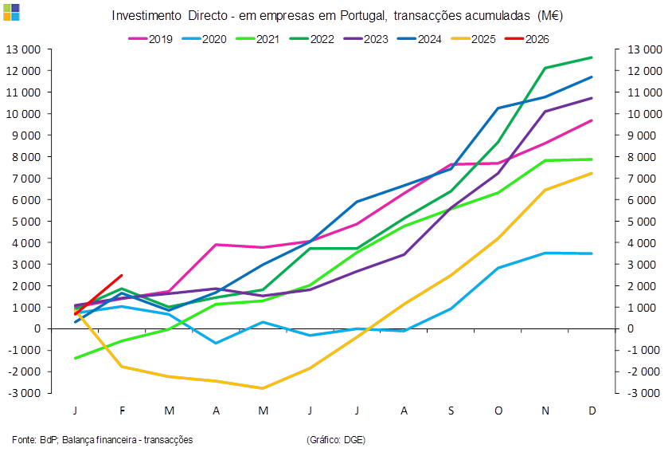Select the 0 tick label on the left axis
point(37,328)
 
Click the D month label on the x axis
point(593,410)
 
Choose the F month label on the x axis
point(123,410)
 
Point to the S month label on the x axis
point(451,410)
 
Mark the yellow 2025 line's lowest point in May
point(264,388)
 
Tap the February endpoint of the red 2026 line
point(122,275)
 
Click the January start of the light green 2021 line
point(76,358)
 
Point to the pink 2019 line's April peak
point(217,244)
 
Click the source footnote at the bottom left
point(103,439)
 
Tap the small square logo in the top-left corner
point(11,11)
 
